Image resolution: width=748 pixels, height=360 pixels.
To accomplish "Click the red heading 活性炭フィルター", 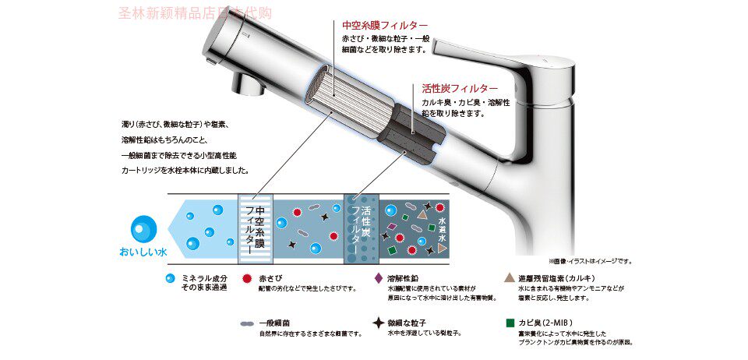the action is click(460, 88).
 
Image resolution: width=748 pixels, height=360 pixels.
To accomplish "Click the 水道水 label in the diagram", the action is click(442, 231).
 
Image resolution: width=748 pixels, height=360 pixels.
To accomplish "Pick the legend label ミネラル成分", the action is click(205, 278).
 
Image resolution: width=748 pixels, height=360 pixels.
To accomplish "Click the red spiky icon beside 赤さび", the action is click(246, 278).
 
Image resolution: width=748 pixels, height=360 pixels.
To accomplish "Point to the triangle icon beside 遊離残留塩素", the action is click(508, 278).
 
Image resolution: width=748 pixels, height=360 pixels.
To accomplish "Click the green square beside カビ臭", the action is click(509, 322).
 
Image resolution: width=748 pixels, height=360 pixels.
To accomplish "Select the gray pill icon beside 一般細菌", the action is click(246, 323).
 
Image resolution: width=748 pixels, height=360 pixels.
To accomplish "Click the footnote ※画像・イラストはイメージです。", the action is click(591, 261).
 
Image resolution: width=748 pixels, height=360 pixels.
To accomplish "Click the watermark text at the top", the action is click(195, 12).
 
